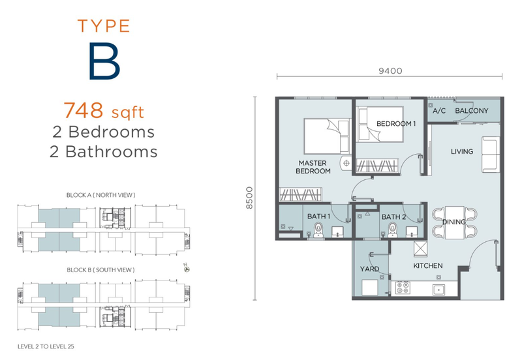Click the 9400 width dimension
[390, 71]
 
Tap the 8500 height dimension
[249, 198]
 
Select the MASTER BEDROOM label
[313, 167]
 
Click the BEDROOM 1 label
[396, 124]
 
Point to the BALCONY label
[471, 111]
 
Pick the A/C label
[439, 111]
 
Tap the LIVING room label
[462, 152]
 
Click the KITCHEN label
[428, 266]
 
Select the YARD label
[369, 269]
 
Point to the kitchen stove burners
[403, 288]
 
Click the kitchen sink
[438, 290]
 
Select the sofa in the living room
[491, 155]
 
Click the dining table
[454, 222]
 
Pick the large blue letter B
[104, 61]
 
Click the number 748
[84, 110]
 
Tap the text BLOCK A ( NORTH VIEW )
[101, 195]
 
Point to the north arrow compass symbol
[187, 268]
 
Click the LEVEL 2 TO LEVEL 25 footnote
[46, 347]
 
